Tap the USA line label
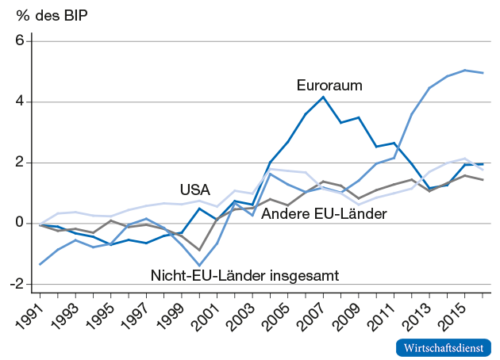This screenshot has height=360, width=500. (x=195, y=190)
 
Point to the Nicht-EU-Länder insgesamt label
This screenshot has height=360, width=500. (x=244, y=275)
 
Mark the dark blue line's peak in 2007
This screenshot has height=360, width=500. (x=323, y=98)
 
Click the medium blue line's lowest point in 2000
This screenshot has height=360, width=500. (x=199, y=265)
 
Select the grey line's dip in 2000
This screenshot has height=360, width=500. (x=199, y=250)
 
